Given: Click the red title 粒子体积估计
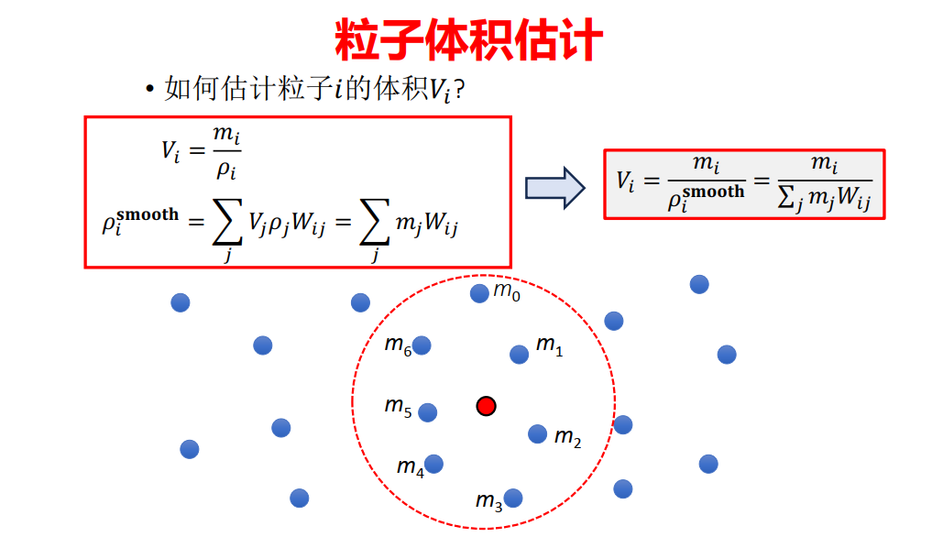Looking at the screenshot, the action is pos(468,39).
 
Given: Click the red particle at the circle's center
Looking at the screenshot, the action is pos(487,405).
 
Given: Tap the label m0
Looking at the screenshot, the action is pos(507,291).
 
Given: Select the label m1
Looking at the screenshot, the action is pos(549,345).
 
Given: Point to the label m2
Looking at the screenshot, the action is pos(567,438).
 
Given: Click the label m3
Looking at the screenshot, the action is pos(488,501).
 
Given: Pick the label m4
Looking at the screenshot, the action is pos(410,467).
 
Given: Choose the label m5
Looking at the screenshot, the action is pos(398,406).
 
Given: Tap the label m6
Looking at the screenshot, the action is pos(397,345).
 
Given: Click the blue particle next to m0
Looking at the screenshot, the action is pos(479,293).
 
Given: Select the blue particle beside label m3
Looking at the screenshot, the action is pos(513,498).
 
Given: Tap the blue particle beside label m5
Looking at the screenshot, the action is pos(428,412).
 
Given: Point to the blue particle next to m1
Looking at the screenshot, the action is pos(519,354).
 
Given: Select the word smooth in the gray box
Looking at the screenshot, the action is pos(713,192).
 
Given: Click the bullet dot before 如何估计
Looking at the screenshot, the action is pos(148,89).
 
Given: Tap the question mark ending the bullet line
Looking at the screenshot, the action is pos(461,89).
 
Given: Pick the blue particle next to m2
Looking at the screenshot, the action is pos(538,433).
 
